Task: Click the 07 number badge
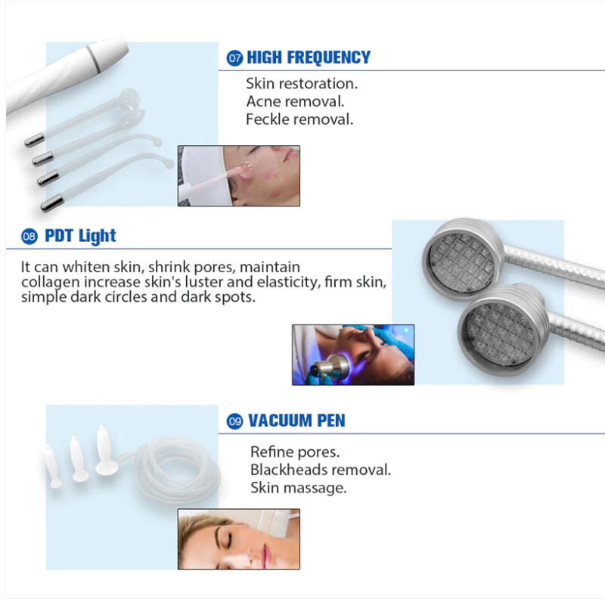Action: point(234,58)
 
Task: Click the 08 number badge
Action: point(29,236)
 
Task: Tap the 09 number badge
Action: point(234,421)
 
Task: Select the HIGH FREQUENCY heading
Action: point(309,57)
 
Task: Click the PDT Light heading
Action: point(80,236)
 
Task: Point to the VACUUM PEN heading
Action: point(296,420)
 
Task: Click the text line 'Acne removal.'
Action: point(295,101)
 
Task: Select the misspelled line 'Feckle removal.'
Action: point(299,119)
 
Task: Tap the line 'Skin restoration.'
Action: point(302,83)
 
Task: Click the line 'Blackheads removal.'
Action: point(321,470)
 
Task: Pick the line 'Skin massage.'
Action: point(298,488)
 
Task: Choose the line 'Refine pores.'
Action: point(295,451)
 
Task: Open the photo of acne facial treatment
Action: point(239,175)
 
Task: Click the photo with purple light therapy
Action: point(353,355)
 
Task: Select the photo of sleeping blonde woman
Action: point(239,539)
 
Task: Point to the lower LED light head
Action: point(502,330)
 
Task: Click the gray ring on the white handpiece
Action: point(93,59)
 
